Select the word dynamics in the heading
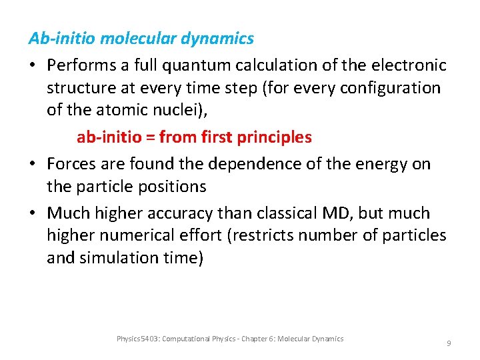(x=220, y=39)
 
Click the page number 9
(x=449, y=343)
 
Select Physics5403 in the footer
(x=137, y=339)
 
